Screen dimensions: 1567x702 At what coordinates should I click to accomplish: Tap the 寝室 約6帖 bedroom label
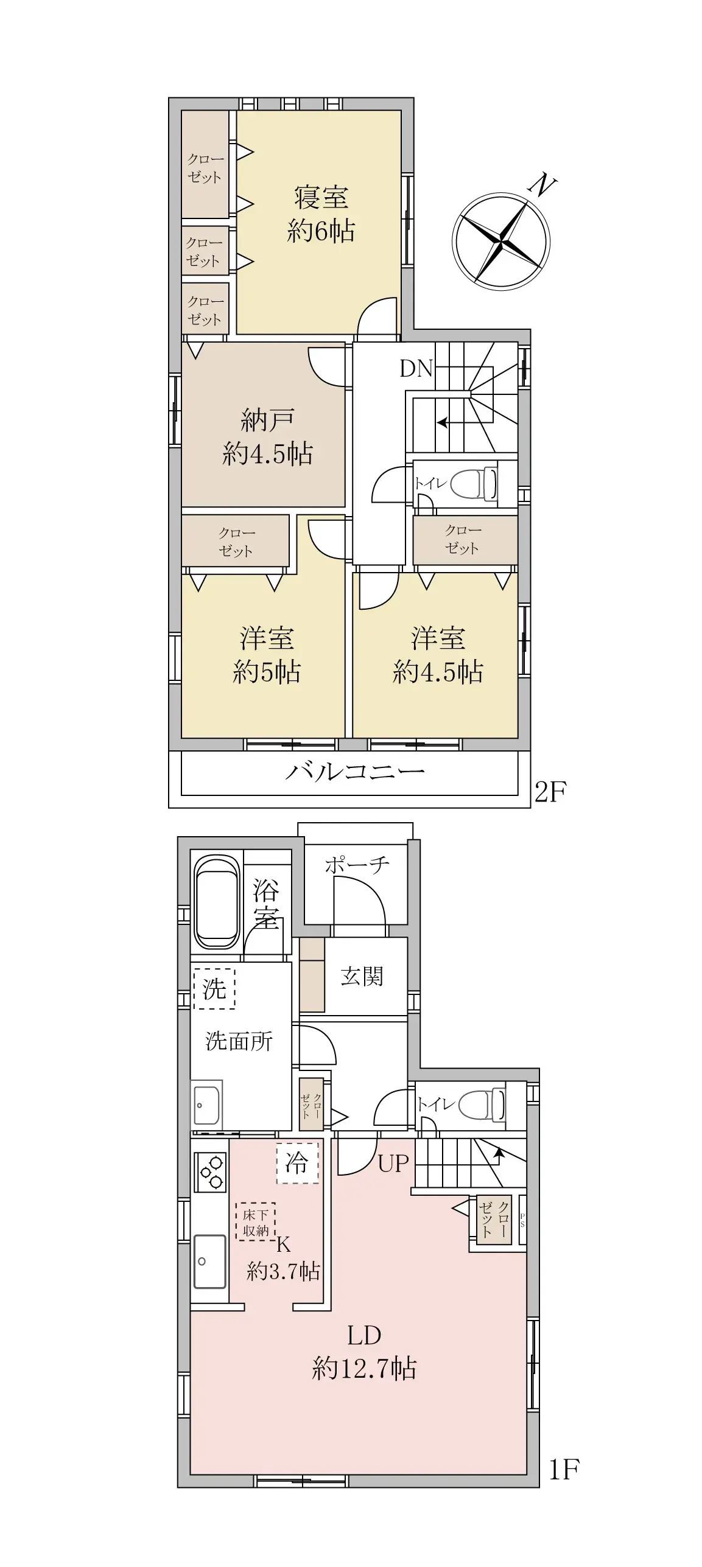[321, 214]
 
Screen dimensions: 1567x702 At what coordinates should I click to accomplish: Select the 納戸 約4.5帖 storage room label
[268, 437]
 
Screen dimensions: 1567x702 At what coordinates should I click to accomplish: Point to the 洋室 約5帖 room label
[267, 655]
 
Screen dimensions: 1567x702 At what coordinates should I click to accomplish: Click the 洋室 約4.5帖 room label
[438, 655]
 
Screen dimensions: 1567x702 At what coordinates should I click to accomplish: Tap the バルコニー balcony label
[354, 772]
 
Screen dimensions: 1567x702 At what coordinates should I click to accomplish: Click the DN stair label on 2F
[416, 369]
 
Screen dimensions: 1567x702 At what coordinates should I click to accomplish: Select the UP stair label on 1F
[393, 1164]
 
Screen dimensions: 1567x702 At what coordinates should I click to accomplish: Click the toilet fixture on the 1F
[481, 1105]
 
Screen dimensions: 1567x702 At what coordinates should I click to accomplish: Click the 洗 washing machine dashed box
[214, 989]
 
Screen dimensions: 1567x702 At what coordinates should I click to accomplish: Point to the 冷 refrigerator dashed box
[297, 1164]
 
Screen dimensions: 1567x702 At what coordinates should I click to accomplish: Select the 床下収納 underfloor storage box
[256, 1222]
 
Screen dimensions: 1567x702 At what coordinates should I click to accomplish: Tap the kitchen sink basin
[209, 1261]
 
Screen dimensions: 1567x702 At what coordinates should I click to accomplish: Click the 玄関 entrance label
[362, 976]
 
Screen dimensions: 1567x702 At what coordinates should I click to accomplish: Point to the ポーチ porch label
[357, 865]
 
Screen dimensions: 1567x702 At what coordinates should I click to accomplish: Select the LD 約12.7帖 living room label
[364, 1352]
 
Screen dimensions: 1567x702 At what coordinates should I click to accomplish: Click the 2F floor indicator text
[550, 792]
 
